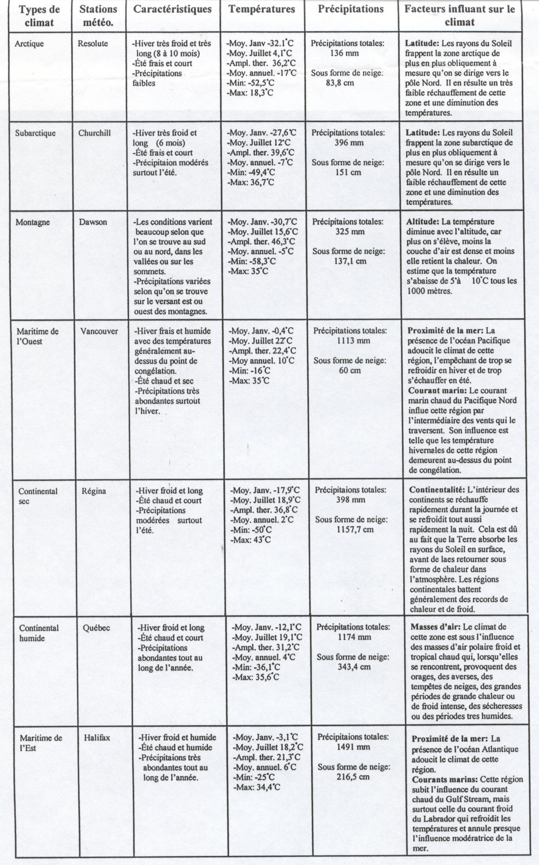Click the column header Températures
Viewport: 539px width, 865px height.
click(262, 10)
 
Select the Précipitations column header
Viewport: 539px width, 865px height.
click(351, 10)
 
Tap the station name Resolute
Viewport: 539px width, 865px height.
click(93, 43)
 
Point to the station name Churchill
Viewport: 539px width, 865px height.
click(94, 133)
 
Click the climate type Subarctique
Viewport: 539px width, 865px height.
click(35, 133)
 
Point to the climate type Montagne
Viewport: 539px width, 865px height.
click(33, 222)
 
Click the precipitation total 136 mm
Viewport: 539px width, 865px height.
click(344, 53)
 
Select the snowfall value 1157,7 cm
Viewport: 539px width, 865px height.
click(351, 530)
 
